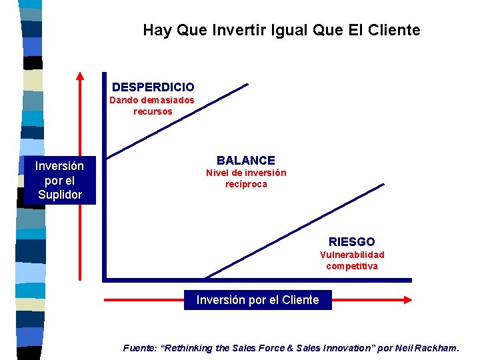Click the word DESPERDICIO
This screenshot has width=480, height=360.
tap(153, 87)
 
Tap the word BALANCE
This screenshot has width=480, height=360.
tap(245, 160)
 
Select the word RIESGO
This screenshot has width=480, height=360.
tap(351, 241)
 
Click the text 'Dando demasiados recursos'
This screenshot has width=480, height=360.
tap(152, 106)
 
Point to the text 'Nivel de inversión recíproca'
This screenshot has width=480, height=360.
tap(245, 179)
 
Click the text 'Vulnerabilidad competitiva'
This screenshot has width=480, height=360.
tap(351, 261)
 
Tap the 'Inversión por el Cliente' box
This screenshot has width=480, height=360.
tap(257, 300)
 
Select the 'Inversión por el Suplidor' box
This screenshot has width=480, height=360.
tap(60, 180)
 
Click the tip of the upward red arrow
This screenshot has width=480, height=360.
tap(79, 73)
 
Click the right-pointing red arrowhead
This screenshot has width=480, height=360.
tap(407, 300)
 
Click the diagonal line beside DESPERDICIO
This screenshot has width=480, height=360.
tap(177, 121)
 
